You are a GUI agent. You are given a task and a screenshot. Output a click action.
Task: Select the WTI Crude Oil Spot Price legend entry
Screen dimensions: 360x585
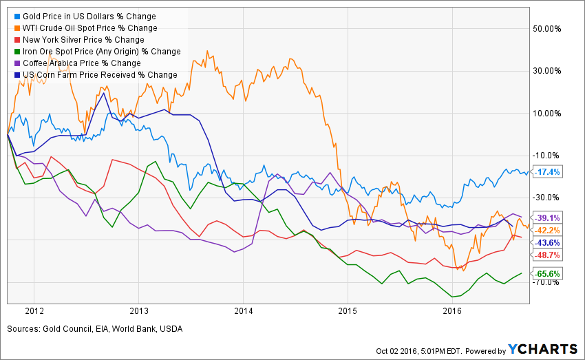coord(90,28)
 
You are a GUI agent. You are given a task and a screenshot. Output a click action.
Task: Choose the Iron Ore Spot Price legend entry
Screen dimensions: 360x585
coord(96,51)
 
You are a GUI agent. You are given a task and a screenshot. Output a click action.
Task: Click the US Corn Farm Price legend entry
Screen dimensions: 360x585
coord(95,74)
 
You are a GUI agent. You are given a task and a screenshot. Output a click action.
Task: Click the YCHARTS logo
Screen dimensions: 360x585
coord(538,350)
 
